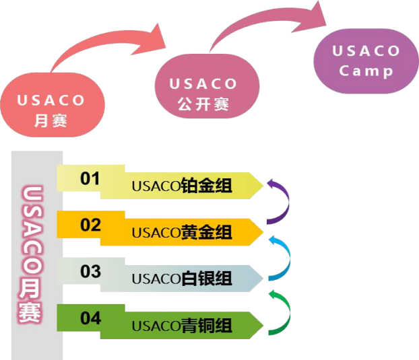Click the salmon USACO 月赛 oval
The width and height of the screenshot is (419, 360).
point(53,104)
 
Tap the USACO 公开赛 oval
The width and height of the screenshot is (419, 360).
point(207,86)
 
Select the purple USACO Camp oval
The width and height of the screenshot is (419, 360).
point(366,61)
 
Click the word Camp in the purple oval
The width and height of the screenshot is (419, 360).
point(366,71)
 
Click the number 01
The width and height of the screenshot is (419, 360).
point(90,178)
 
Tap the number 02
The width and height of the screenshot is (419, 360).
point(90,225)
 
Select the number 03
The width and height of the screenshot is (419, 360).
point(90,271)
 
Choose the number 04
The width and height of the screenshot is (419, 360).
point(90,318)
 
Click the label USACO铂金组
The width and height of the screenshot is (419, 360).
point(182,186)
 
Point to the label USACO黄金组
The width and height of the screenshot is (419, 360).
point(182,232)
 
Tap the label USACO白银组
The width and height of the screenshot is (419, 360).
point(182,279)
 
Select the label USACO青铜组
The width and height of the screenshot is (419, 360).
point(182,326)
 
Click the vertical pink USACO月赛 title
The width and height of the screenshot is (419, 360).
point(30,254)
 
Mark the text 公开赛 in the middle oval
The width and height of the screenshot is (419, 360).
point(203,104)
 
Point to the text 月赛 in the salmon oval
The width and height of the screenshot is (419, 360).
point(51,120)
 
